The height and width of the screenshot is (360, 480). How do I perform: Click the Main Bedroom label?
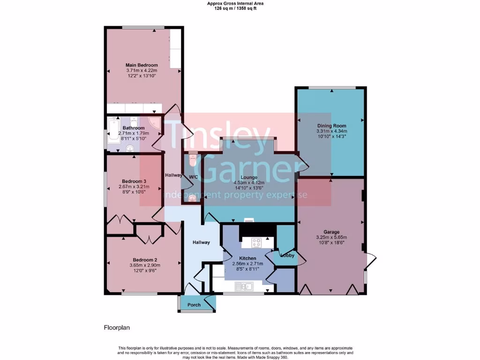(x=142, y=65)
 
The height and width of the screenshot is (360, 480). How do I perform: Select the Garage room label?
(x=330, y=232)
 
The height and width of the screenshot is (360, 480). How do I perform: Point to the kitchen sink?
(x=245, y=285)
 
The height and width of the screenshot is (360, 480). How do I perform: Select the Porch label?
(x=194, y=305)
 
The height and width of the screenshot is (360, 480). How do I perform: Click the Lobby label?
(x=287, y=255)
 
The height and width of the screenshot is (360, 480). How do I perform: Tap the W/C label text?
(x=193, y=177)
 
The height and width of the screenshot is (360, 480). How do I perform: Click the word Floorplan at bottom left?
(x=117, y=328)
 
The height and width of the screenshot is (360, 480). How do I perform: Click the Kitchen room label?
(x=247, y=258)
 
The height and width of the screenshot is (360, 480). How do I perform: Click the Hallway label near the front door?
(x=201, y=242)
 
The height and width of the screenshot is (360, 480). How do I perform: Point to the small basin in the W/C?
(x=191, y=197)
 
